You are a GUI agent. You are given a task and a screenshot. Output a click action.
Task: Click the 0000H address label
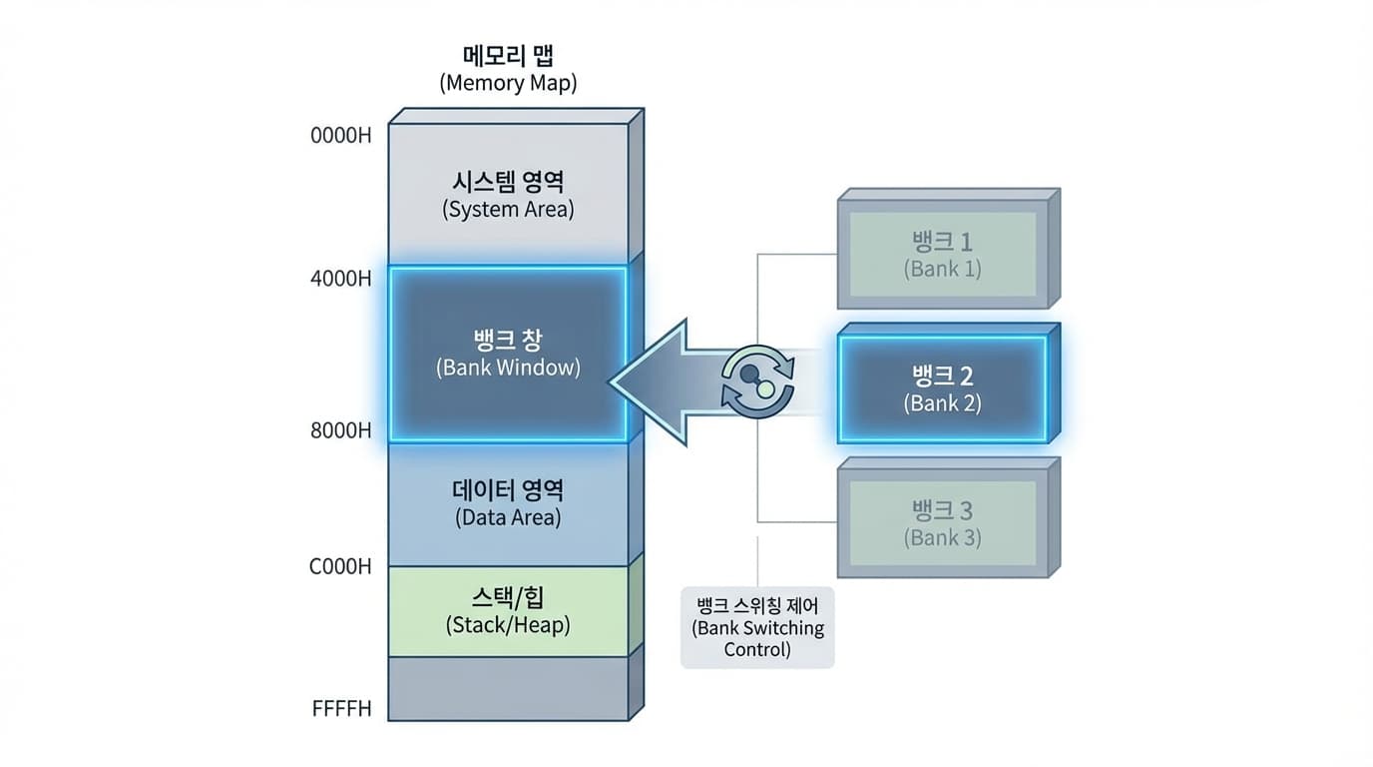pyautogui.click(x=341, y=135)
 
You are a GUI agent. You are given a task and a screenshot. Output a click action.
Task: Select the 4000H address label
pyautogui.click(x=341, y=278)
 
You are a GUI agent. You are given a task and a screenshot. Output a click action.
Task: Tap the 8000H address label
pyautogui.click(x=341, y=431)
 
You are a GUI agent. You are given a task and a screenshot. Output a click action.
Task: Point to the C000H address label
pyautogui.click(x=340, y=566)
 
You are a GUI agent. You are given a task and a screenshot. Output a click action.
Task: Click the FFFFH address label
pyautogui.click(x=341, y=709)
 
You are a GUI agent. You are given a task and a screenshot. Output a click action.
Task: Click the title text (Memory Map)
pyautogui.click(x=508, y=83)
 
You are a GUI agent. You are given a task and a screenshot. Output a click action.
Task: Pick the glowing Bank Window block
pyautogui.click(x=508, y=354)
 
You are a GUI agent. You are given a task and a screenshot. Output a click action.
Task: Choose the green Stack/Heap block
pyautogui.click(x=508, y=610)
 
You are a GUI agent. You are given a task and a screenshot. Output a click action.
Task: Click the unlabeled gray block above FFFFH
pyautogui.click(x=508, y=688)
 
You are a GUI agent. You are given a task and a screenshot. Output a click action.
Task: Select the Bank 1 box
pyautogui.click(x=943, y=255)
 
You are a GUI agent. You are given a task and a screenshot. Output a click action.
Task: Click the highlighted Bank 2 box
pyautogui.click(x=943, y=389)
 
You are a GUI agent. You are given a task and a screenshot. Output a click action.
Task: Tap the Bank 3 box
pyautogui.click(x=943, y=523)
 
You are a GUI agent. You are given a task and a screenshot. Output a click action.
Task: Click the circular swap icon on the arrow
pyautogui.click(x=758, y=381)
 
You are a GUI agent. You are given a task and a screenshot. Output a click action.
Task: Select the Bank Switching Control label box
pyautogui.click(x=757, y=626)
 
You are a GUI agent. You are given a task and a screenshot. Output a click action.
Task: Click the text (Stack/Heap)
pyautogui.click(x=508, y=626)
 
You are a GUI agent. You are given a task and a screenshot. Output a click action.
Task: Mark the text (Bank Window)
pyautogui.click(x=508, y=368)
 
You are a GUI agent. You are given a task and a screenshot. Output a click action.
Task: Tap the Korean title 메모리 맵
pyautogui.click(x=508, y=56)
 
